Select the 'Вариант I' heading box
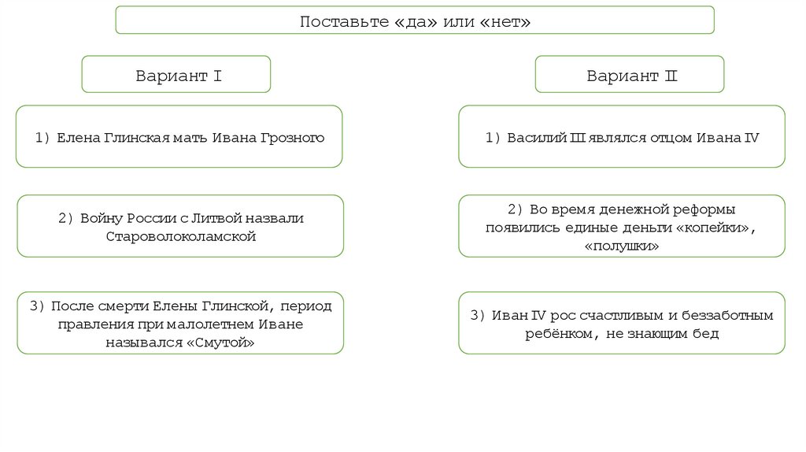tap(176, 76)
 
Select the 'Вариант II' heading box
tap(630, 76)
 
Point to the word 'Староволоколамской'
tap(180, 235)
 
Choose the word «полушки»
tap(622, 246)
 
